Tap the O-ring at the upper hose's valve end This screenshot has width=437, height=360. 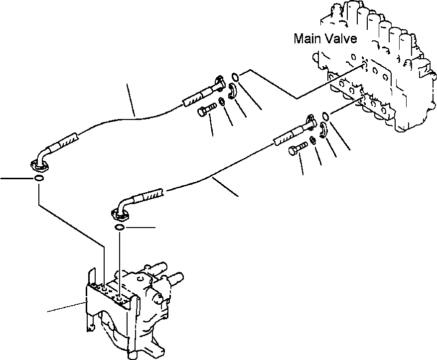236,76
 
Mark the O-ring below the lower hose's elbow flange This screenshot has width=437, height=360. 120,228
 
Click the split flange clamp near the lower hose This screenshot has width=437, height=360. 322,131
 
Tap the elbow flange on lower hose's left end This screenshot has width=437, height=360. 120,214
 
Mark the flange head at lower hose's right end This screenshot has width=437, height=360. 309,121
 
